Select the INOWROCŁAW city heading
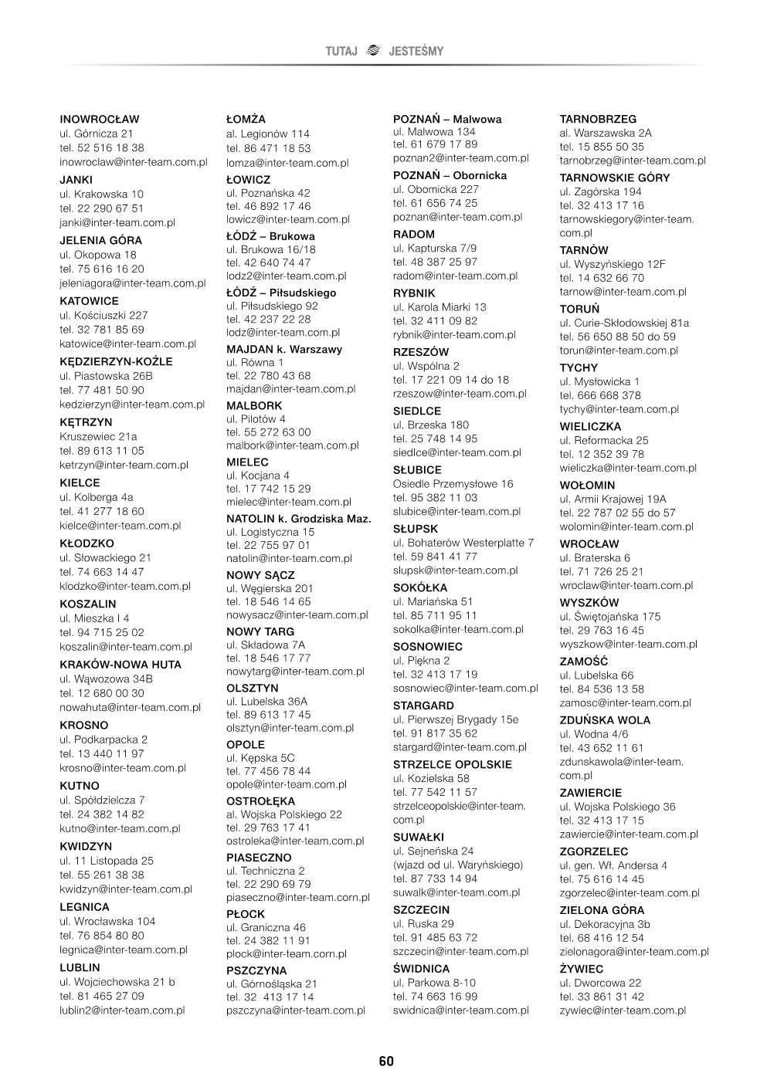tap(100, 120)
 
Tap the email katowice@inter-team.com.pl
tap(128, 344)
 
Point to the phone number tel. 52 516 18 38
tap(102, 147)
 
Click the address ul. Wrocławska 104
tap(107, 921)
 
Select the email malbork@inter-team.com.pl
tap(293, 445)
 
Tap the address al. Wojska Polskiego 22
tap(284, 814)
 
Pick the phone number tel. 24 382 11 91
tap(268, 940)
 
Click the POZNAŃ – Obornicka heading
tap(450, 175)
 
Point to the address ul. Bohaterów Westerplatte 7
tap(463, 543)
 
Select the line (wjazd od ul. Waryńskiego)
tap(458, 865)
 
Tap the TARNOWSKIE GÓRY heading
tap(615, 178)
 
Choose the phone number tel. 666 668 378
tap(600, 395)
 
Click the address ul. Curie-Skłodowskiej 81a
tap(624, 323)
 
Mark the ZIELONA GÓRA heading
tap(602, 910)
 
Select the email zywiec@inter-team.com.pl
tap(623, 1010)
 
